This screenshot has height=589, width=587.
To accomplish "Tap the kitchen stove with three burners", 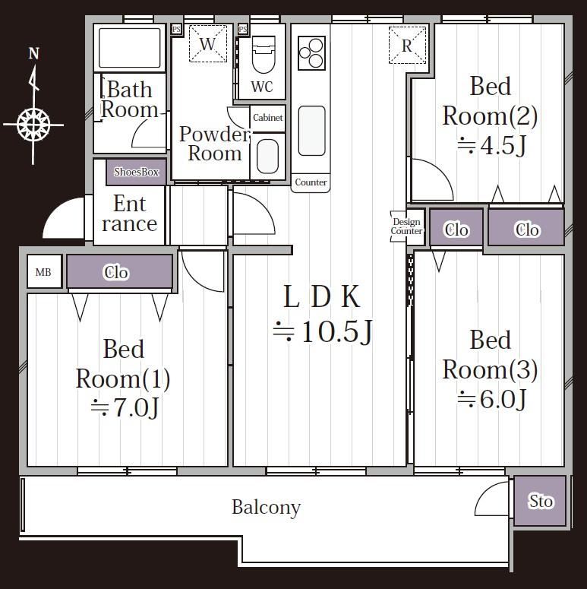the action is (x=311, y=53).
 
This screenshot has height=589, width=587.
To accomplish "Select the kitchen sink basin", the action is (x=311, y=131).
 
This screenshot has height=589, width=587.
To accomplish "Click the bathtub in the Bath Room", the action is (x=130, y=48).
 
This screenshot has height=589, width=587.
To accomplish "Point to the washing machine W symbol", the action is (x=208, y=43).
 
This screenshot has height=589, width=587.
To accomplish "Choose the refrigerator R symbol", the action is (x=407, y=45).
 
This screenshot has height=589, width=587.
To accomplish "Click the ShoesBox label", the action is (x=136, y=172).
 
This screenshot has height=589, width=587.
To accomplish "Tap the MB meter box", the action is (x=44, y=271).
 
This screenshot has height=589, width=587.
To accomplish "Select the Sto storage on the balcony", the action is (x=540, y=501).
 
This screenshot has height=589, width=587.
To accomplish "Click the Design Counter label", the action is (x=406, y=226).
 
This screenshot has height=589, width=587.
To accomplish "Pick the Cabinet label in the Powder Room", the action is (x=267, y=118).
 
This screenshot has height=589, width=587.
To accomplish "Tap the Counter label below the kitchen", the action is (x=311, y=182).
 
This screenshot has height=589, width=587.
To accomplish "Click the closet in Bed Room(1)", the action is (x=120, y=272).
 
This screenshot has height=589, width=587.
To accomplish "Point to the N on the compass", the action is (x=34, y=54).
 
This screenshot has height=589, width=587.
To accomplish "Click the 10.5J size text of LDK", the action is (x=323, y=331).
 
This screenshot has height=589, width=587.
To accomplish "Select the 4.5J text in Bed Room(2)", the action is (x=491, y=145).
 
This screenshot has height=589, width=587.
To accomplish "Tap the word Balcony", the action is (x=266, y=508).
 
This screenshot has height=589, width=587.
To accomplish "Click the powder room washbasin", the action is (x=267, y=157).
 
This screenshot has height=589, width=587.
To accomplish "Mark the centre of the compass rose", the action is (x=33, y=125).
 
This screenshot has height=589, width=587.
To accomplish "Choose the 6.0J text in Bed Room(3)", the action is (x=491, y=399).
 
